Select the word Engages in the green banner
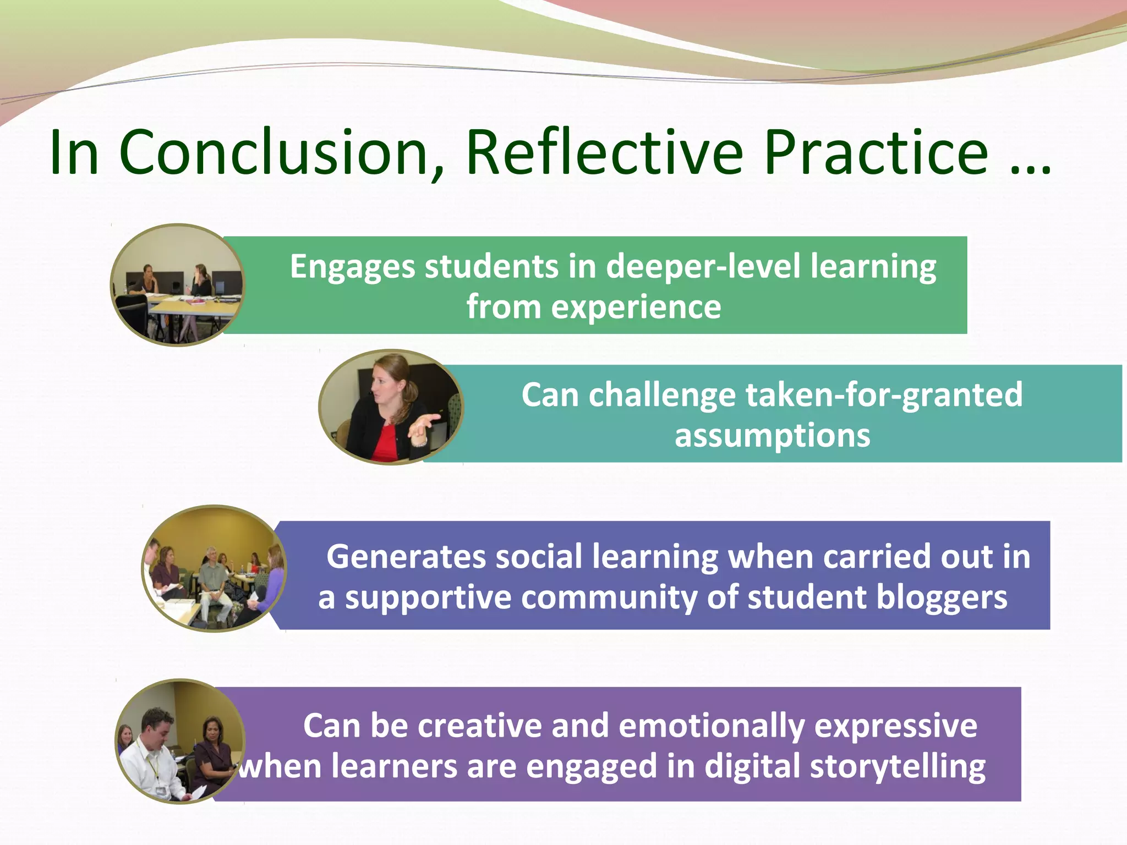[352, 268]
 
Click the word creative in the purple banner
[479, 726]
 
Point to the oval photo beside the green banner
[177, 285]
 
